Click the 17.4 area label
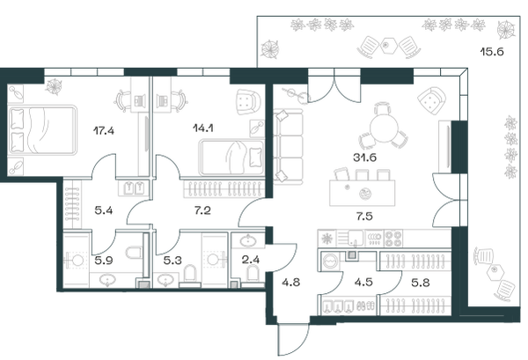point(104,130)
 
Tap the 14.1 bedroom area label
point(203,128)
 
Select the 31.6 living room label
point(364,157)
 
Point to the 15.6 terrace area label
point(492,52)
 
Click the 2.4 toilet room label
point(250,260)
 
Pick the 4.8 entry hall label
point(291,282)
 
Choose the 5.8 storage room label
point(421,282)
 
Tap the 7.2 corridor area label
point(202,210)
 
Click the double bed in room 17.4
point(41,130)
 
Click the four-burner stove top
point(393,238)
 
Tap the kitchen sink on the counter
point(356,237)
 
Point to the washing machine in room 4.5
point(332,261)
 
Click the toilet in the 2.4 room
point(253,272)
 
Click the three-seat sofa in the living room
point(289,146)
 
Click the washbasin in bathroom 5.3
point(165,280)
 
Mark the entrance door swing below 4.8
point(293,339)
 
